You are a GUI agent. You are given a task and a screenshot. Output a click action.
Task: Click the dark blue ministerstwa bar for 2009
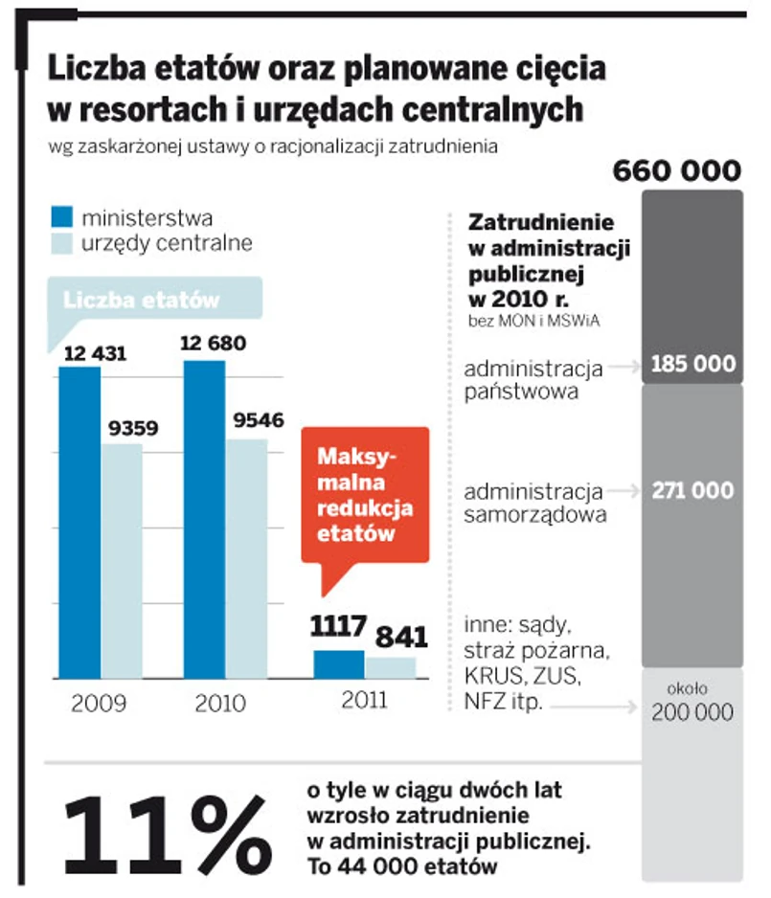[x=79, y=522]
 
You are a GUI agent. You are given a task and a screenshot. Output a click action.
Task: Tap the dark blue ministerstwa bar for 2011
[x=338, y=663]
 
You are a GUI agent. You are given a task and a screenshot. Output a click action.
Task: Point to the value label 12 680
[x=213, y=343]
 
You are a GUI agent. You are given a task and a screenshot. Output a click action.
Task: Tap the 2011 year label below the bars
[x=363, y=700]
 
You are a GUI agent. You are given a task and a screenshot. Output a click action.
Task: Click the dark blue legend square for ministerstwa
[x=62, y=217]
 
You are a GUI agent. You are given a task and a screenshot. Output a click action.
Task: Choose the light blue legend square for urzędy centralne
[x=62, y=243]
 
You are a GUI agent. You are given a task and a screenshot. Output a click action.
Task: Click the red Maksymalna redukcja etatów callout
[x=364, y=494]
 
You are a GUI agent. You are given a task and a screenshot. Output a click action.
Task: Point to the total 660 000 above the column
[x=676, y=171]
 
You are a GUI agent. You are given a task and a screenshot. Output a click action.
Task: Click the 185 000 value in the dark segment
[x=693, y=364]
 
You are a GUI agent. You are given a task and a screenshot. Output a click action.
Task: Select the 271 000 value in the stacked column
[x=693, y=490]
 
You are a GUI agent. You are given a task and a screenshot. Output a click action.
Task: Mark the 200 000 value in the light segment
[x=693, y=712]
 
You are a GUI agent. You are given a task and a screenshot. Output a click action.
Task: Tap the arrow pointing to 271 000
[x=624, y=490]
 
